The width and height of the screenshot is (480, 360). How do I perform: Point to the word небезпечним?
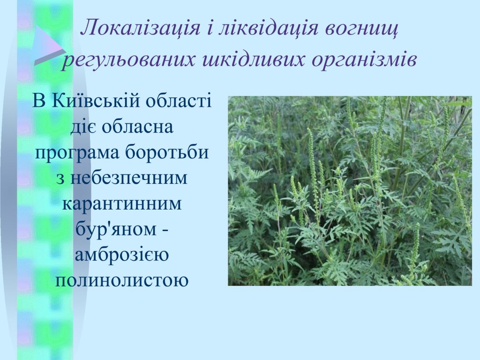[128, 178]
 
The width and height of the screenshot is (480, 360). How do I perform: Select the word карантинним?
[122, 203]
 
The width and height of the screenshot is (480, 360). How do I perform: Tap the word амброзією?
[122, 255]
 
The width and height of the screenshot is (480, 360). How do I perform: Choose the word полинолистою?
[121, 280]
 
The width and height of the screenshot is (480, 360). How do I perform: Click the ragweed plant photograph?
[350, 191]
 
